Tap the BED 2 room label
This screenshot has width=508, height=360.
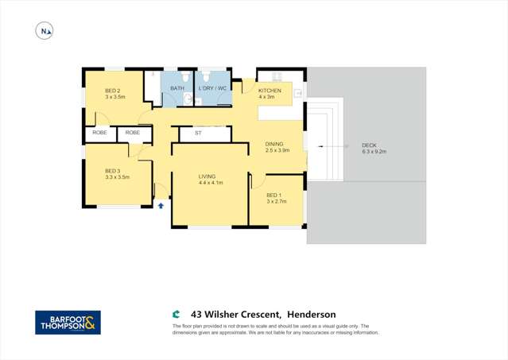pos(113,91)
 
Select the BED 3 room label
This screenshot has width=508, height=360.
pos(113,171)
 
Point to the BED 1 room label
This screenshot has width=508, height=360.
pos(273,195)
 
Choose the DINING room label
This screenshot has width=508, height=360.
pos(274,144)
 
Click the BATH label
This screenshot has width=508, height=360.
pos(177,87)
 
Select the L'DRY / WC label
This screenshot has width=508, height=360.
pos(212,87)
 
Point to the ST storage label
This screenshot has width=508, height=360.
pos(198,133)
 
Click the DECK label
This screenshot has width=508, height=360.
pos(369,145)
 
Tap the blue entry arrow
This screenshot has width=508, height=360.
pos(161,205)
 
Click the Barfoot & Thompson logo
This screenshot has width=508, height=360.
pos(68,322)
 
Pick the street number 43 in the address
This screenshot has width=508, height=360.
pos(196,315)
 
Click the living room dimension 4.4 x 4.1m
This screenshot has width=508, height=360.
pos(211,183)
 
